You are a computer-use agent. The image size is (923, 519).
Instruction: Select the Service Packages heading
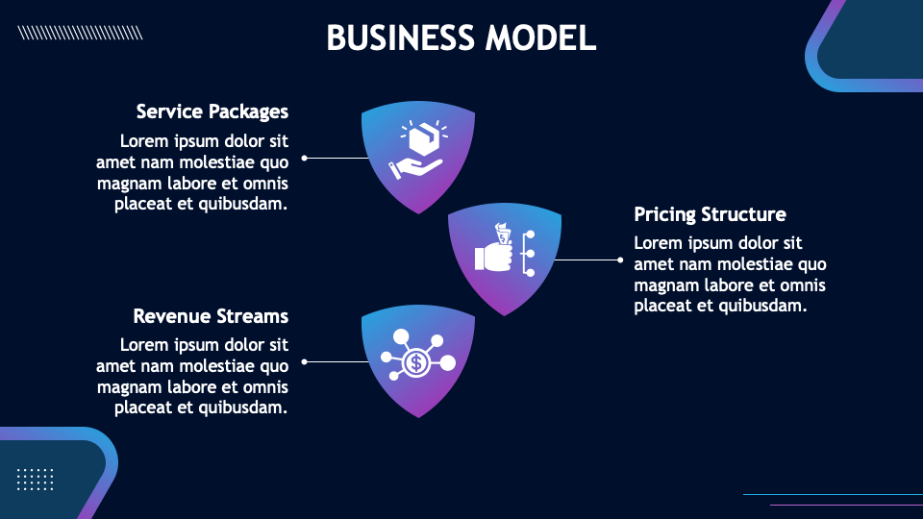(212, 111)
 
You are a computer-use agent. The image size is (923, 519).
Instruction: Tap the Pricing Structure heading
(710, 214)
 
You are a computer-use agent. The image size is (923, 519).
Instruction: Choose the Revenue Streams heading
(211, 316)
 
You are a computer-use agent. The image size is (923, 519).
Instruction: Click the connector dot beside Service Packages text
(305, 158)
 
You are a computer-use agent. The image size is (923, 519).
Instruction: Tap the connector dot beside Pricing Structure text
(620, 259)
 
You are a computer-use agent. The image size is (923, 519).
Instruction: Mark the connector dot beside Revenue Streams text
(305, 361)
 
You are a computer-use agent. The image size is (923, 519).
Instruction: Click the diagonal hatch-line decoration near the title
(81, 33)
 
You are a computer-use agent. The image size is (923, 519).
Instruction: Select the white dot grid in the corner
(36, 479)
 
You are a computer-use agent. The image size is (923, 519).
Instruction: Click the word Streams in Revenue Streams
(251, 316)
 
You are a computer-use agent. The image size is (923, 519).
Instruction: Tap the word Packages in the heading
(249, 111)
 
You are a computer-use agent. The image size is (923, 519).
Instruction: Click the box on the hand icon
(422, 141)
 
